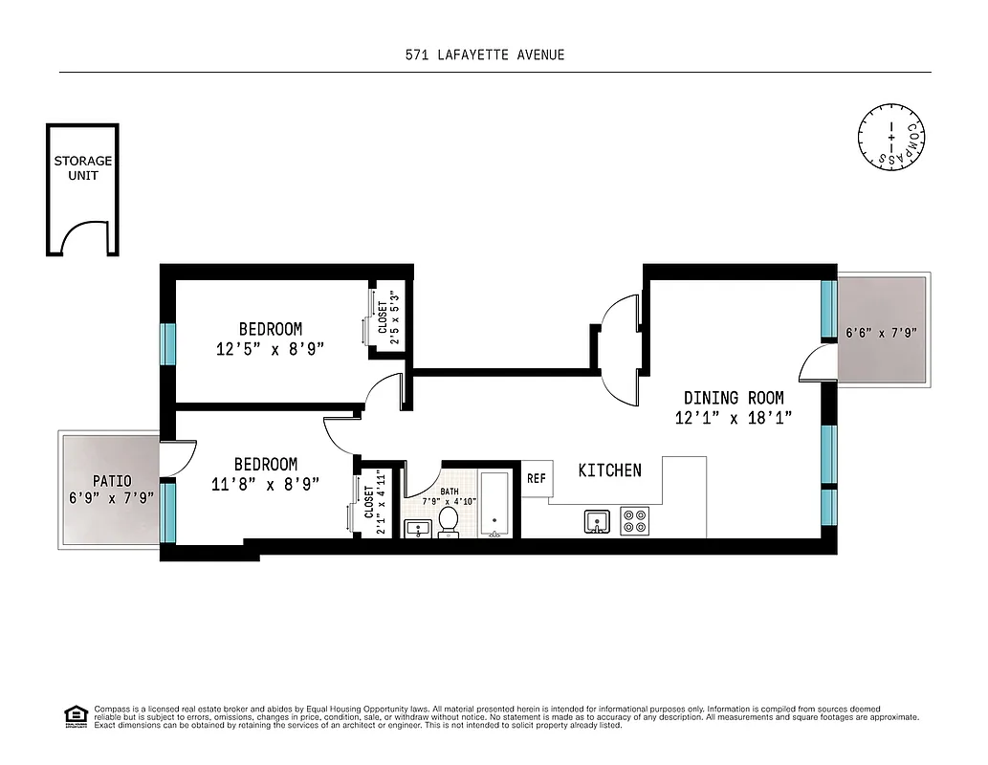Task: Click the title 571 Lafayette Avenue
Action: (x=485, y=55)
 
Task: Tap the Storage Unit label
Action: (x=81, y=168)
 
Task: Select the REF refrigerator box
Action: (x=536, y=478)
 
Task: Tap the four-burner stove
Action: (x=634, y=521)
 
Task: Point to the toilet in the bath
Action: (x=449, y=522)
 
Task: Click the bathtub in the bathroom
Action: (x=495, y=504)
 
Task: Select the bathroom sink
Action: (x=417, y=529)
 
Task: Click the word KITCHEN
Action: (x=609, y=470)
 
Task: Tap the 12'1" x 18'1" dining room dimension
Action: (x=733, y=418)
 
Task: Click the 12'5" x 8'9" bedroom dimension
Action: (x=271, y=349)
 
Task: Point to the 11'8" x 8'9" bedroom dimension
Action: (x=265, y=484)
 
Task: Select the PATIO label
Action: (x=112, y=481)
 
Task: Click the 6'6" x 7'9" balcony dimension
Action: (x=881, y=334)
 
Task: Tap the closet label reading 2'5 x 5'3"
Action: (x=388, y=317)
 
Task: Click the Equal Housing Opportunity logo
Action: (x=73, y=715)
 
